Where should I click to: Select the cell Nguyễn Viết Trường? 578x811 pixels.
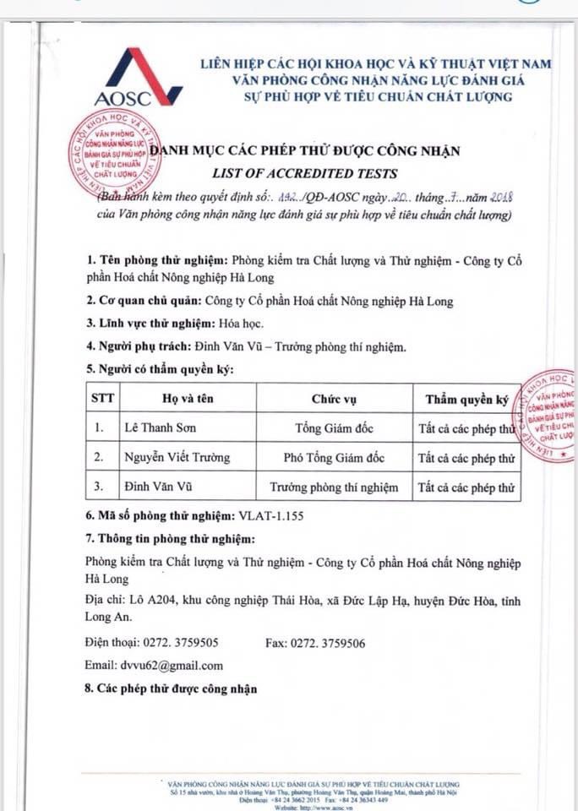pyautogui.click(x=177, y=458)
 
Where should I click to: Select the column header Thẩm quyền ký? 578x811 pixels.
pyautogui.click(x=466, y=399)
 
